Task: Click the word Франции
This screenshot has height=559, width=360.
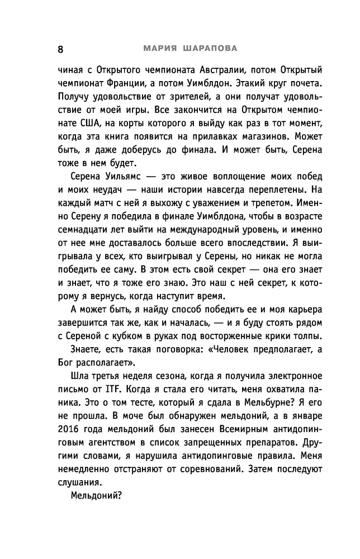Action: click(132, 85)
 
